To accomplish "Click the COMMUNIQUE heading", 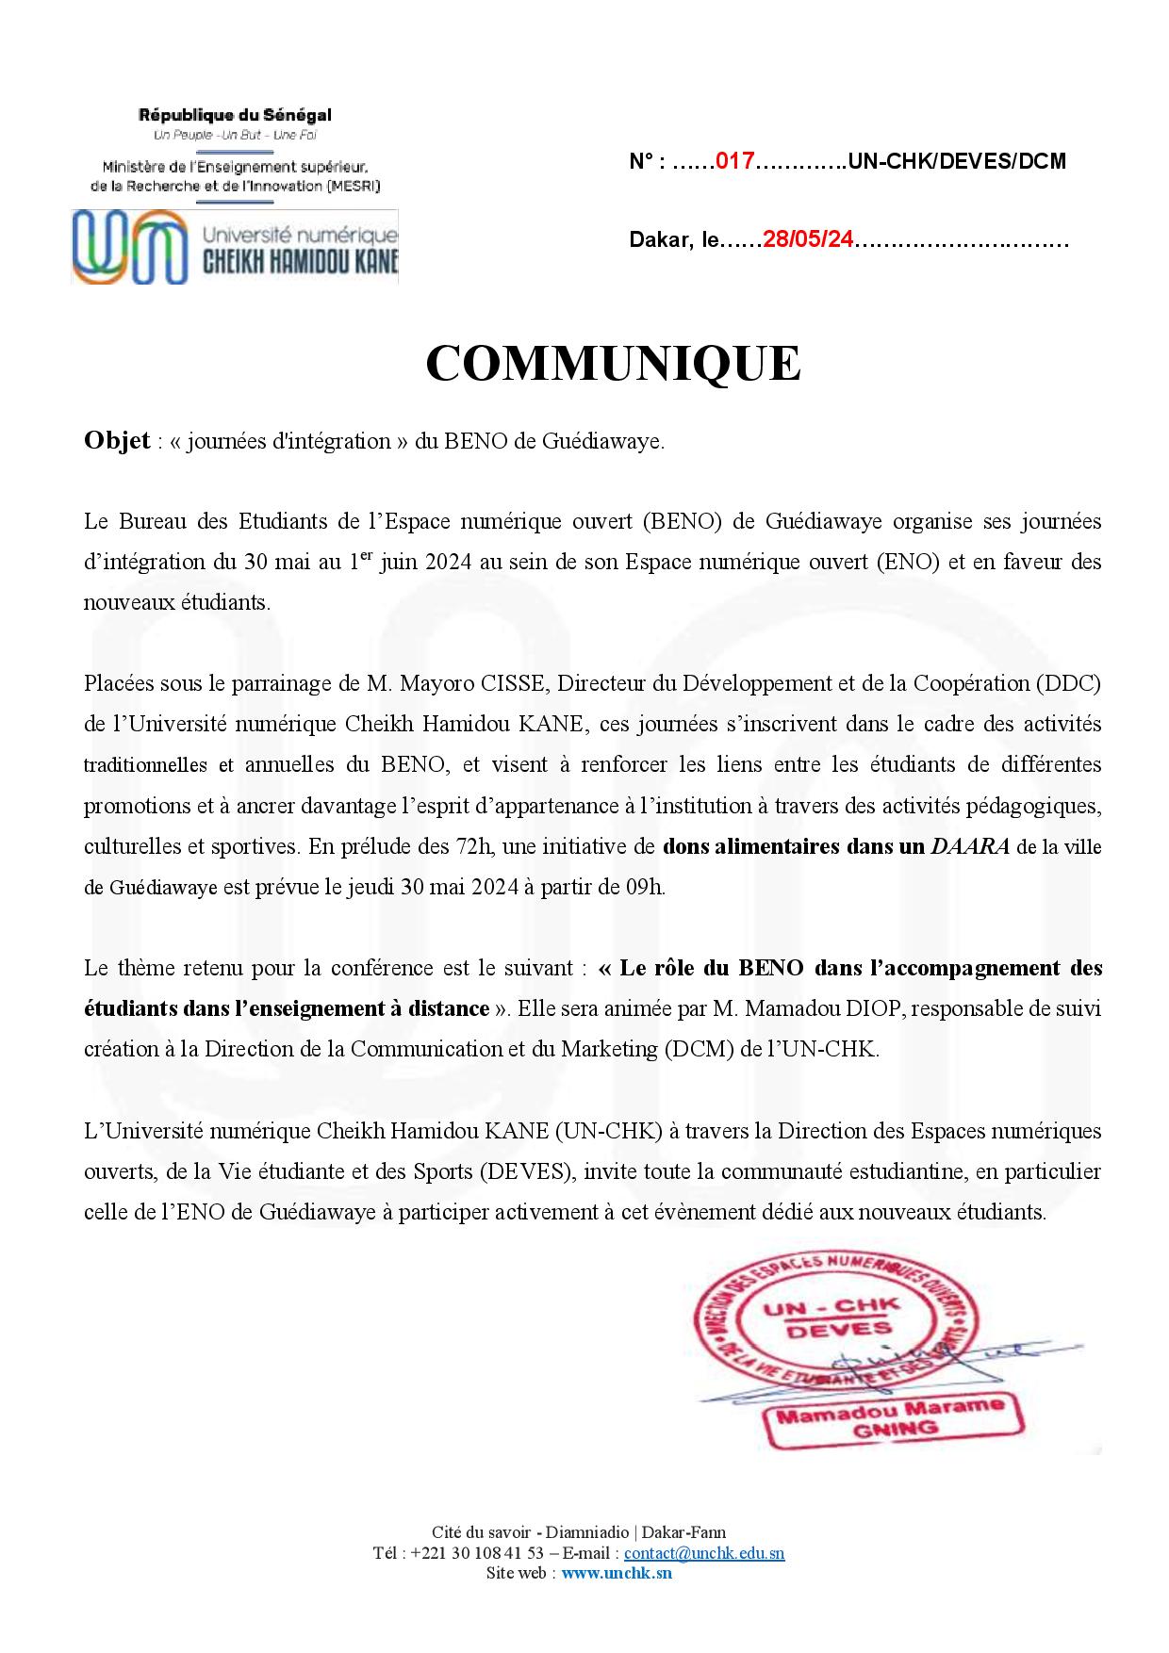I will (613, 364).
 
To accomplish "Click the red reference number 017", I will (735, 161).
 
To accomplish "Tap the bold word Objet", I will (117, 441).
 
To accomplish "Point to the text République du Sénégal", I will (235, 116).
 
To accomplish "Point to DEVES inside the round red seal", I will (826, 1329).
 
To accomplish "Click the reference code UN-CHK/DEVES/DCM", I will (957, 161).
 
